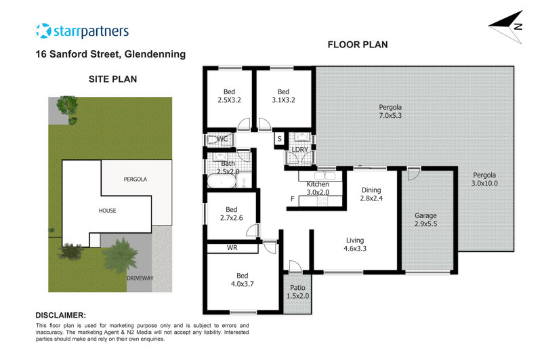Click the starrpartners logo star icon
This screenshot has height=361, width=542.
(x=43, y=30)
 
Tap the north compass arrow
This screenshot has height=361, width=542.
(x=505, y=26)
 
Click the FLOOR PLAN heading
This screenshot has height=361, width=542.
(x=358, y=45)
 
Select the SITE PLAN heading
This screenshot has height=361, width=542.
(x=112, y=79)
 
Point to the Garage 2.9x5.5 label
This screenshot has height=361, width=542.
(x=425, y=219)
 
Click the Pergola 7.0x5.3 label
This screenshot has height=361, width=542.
(x=390, y=111)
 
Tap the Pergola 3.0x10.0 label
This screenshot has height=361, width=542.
(x=484, y=179)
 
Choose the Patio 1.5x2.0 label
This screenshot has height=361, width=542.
(x=297, y=292)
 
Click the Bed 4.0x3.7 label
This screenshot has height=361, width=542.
(x=243, y=280)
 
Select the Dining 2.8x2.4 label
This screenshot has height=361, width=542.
(x=371, y=194)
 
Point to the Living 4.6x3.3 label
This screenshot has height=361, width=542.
(x=355, y=245)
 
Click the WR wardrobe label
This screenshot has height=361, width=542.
(x=232, y=248)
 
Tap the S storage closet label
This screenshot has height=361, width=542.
(x=279, y=139)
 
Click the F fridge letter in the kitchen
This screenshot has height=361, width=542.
(x=293, y=198)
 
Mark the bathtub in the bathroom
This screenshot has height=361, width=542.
(x=222, y=182)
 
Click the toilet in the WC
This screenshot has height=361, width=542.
(x=211, y=140)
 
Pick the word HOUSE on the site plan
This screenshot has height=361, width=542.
(x=107, y=211)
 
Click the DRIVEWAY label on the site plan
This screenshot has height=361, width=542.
(x=140, y=278)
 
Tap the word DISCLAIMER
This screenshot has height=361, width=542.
(x=61, y=315)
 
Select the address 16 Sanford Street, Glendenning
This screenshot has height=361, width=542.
(x=110, y=54)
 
